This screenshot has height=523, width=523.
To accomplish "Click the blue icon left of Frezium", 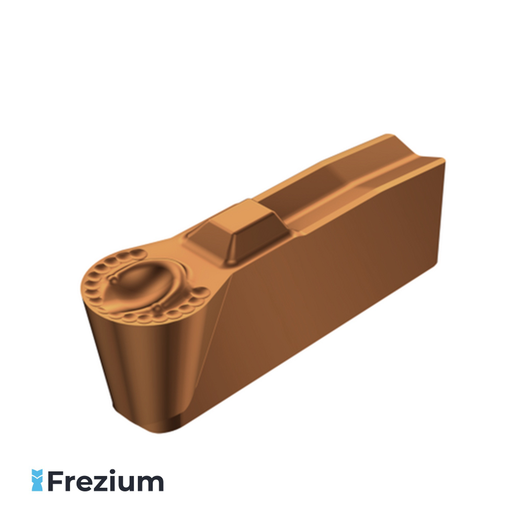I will coord(37,480).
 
